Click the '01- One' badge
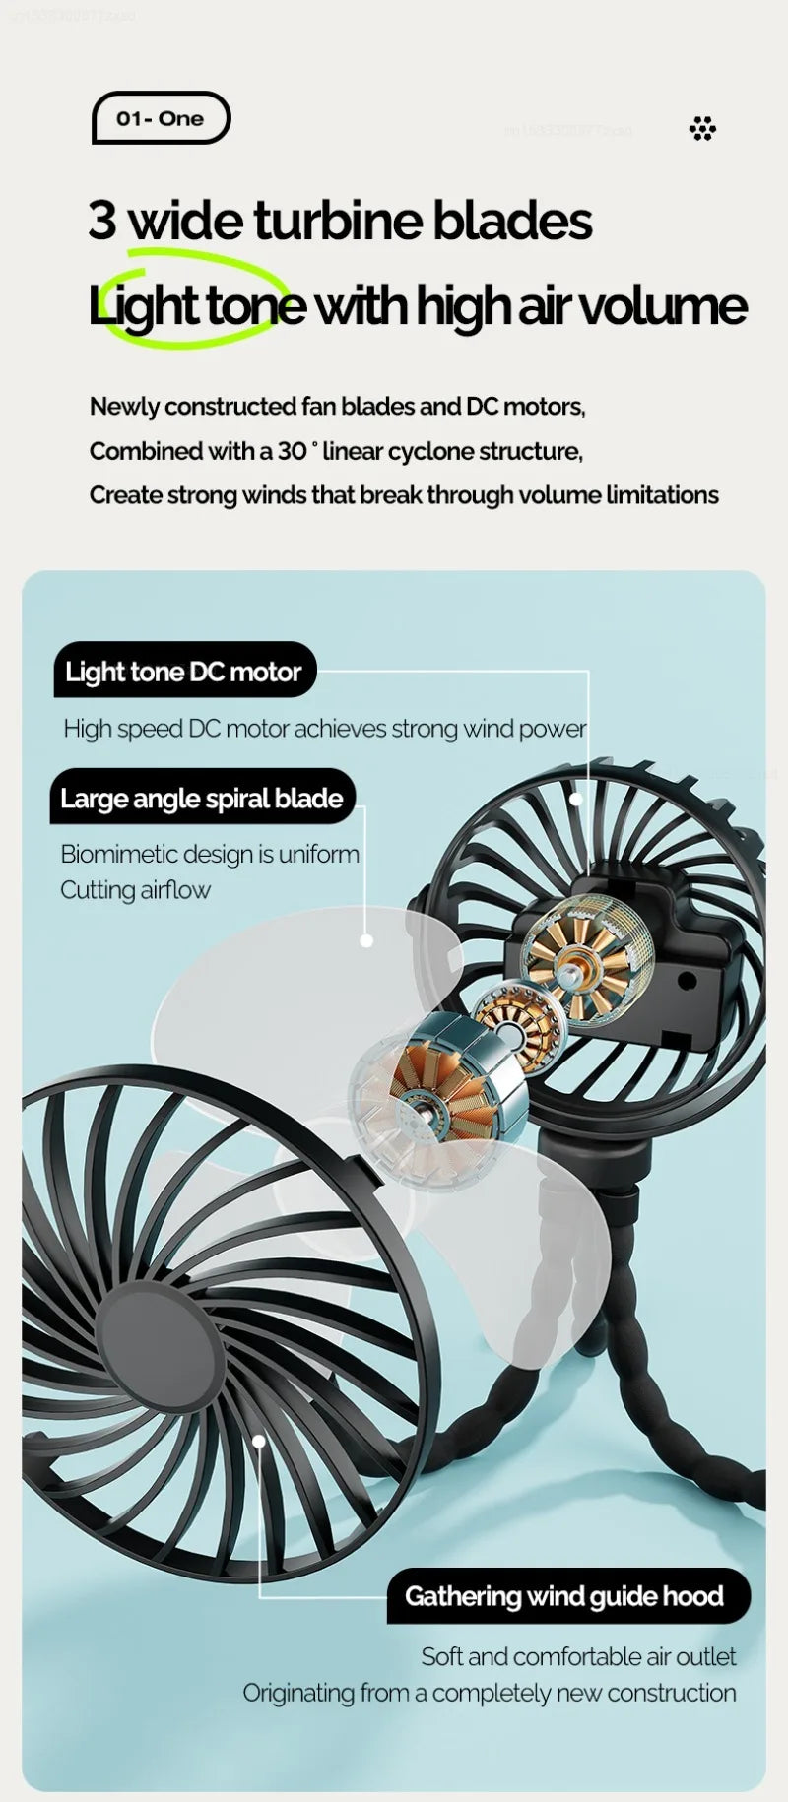coord(161,118)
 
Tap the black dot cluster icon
coord(702,129)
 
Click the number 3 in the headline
coord(101,220)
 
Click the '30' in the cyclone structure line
coord(292,451)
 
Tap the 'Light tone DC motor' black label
coord(184,672)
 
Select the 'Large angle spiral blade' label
coord(202,798)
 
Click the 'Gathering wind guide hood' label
coord(564,1596)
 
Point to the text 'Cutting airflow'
coord(136,890)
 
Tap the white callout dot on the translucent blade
coord(366,940)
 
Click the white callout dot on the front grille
coord(259,1442)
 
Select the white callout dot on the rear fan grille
coord(576,800)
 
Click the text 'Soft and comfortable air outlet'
coord(578,1656)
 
